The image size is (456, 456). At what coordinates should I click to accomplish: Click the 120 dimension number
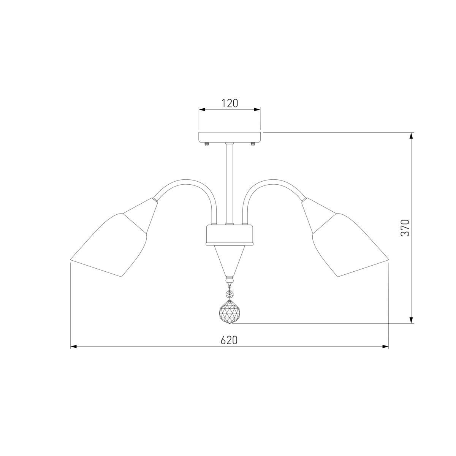tap(230, 103)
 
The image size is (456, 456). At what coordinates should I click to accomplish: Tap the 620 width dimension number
tap(229, 340)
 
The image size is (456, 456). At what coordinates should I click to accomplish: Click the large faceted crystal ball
tap(230, 312)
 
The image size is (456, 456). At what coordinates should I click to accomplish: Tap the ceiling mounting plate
tap(230, 138)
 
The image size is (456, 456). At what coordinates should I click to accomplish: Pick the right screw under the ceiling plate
tap(253, 144)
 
